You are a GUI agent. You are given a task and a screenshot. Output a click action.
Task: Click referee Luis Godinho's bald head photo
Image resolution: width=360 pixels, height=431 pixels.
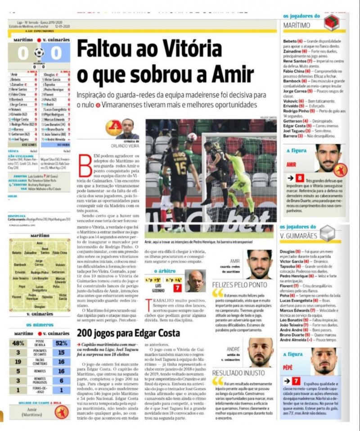tap(196, 280)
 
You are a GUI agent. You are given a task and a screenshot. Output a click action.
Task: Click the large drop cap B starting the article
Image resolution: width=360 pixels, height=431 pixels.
tap(85, 161)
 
